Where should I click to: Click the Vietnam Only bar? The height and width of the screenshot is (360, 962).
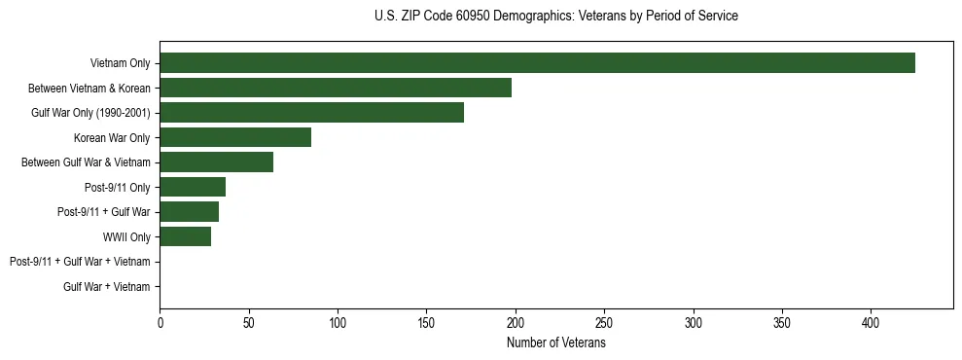[537, 63]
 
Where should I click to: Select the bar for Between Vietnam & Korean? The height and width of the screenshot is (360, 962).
[336, 89]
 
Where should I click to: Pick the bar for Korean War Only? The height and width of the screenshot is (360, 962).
[235, 138]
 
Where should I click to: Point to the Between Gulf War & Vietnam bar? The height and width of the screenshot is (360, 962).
[216, 162]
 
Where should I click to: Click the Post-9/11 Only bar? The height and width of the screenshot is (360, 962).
[193, 187]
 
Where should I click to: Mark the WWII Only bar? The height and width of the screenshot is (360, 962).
[185, 236]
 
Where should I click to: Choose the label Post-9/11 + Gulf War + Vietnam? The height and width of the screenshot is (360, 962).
[80, 262]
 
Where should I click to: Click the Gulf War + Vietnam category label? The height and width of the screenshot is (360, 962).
[107, 286]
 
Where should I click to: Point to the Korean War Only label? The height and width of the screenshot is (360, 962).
[112, 138]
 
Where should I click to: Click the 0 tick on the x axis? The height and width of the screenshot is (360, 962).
[160, 322]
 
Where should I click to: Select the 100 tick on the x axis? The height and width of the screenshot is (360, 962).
[338, 322]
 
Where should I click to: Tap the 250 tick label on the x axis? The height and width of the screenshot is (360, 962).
[604, 322]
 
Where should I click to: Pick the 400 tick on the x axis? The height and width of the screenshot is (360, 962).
[872, 322]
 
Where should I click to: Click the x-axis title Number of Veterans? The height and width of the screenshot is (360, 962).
[556, 342]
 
